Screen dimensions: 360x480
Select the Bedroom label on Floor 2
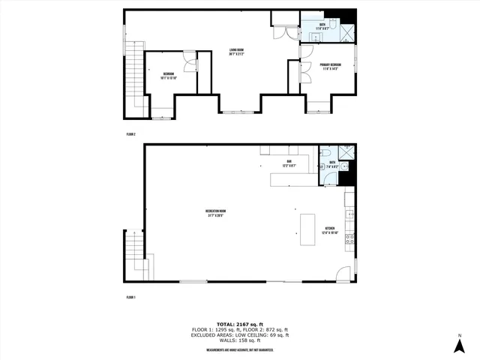click(x=169, y=74)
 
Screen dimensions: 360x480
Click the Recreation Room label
click(x=216, y=212)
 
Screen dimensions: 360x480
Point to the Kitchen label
click(x=330, y=230)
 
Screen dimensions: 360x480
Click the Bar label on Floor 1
click(x=289, y=163)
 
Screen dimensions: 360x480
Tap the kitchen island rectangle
click(x=307, y=229)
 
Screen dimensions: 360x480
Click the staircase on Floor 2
click(x=135, y=79)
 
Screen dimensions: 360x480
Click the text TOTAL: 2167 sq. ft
click(x=239, y=324)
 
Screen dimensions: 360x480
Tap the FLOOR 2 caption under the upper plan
click(x=130, y=134)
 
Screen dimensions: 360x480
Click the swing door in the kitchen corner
click(x=343, y=274)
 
